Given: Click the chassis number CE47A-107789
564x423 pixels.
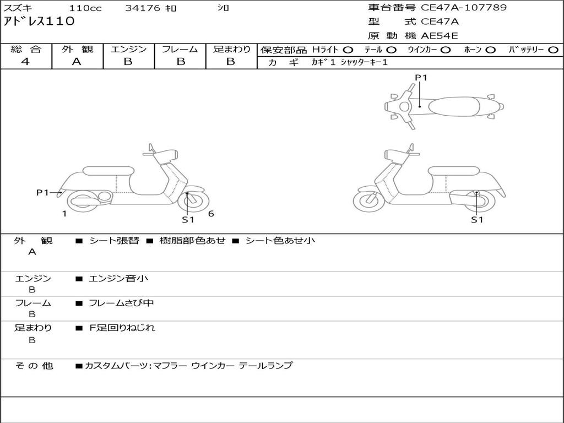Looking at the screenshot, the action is click(464, 8).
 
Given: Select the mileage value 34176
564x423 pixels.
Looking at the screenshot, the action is click(143, 8).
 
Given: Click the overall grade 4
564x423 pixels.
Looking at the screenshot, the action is click(25, 62).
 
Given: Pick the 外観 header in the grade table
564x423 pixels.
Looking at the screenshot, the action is click(77, 49).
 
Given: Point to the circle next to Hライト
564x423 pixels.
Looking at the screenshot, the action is click(348, 50).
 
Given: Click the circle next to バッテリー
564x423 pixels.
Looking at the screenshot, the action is click(553, 50).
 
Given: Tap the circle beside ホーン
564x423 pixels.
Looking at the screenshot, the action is click(490, 50).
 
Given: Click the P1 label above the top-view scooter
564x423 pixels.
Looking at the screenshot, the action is click(421, 77).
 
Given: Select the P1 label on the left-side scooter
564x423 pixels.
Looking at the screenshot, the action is click(42, 192).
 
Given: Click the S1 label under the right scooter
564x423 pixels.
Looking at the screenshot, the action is click(477, 219).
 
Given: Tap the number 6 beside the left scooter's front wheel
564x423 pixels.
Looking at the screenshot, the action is click(211, 214).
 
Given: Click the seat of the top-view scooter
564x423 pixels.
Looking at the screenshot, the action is click(454, 106).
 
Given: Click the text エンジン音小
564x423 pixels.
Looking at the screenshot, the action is click(118, 278).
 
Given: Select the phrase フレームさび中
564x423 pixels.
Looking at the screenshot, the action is click(121, 303).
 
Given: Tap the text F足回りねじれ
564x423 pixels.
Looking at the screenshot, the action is click(122, 328).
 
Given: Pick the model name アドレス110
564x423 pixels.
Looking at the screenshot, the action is click(39, 21).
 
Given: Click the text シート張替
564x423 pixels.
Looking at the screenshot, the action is click(114, 241).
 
